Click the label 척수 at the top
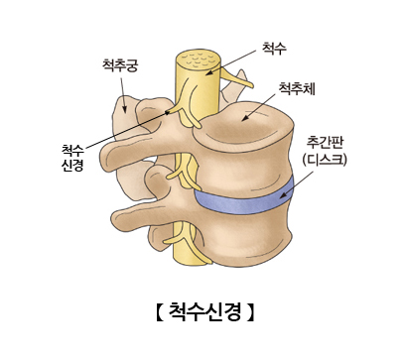pyautogui.click(x=273, y=47)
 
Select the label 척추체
pyautogui.click(x=298, y=89)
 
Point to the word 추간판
pyautogui.click(x=325, y=141)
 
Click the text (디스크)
pyautogui.click(x=325, y=159)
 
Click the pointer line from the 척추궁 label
pyautogui.click(x=125, y=90)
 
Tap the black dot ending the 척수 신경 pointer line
pyautogui.click(x=167, y=112)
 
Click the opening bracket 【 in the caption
pyautogui.click(x=159, y=313)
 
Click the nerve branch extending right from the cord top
pyautogui.click(x=233, y=76)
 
